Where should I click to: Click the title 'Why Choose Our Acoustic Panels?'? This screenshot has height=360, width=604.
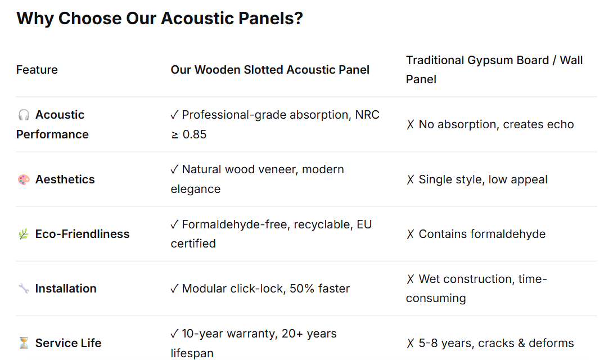(x=160, y=19)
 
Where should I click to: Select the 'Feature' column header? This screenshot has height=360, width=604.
(x=37, y=70)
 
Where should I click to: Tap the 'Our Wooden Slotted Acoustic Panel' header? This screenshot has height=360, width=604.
(x=270, y=70)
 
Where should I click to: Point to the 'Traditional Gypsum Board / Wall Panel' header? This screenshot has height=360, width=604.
(x=494, y=70)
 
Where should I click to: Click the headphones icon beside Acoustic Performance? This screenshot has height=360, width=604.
(x=24, y=115)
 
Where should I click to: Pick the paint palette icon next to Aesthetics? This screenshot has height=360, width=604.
(x=24, y=179)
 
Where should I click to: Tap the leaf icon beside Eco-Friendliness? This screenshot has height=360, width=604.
(x=24, y=234)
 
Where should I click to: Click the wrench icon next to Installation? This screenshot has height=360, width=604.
(x=24, y=289)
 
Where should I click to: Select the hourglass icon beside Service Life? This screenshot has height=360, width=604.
(x=24, y=343)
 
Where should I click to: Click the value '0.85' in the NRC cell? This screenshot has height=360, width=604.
(x=195, y=134)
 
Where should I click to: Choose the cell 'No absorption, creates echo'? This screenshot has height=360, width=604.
(x=496, y=124)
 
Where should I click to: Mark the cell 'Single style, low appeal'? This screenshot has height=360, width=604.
(x=483, y=179)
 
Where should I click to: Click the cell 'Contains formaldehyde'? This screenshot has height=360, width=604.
(x=482, y=234)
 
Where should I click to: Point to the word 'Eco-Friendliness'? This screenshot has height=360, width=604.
(x=83, y=234)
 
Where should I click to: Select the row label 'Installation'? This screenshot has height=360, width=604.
(x=66, y=289)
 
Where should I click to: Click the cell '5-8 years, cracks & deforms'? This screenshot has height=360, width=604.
(x=496, y=343)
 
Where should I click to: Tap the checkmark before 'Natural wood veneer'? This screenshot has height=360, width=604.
(x=174, y=169)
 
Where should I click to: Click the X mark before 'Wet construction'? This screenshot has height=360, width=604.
(x=411, y=279)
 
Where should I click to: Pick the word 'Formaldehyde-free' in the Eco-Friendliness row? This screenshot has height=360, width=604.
(x=235, y=224)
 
